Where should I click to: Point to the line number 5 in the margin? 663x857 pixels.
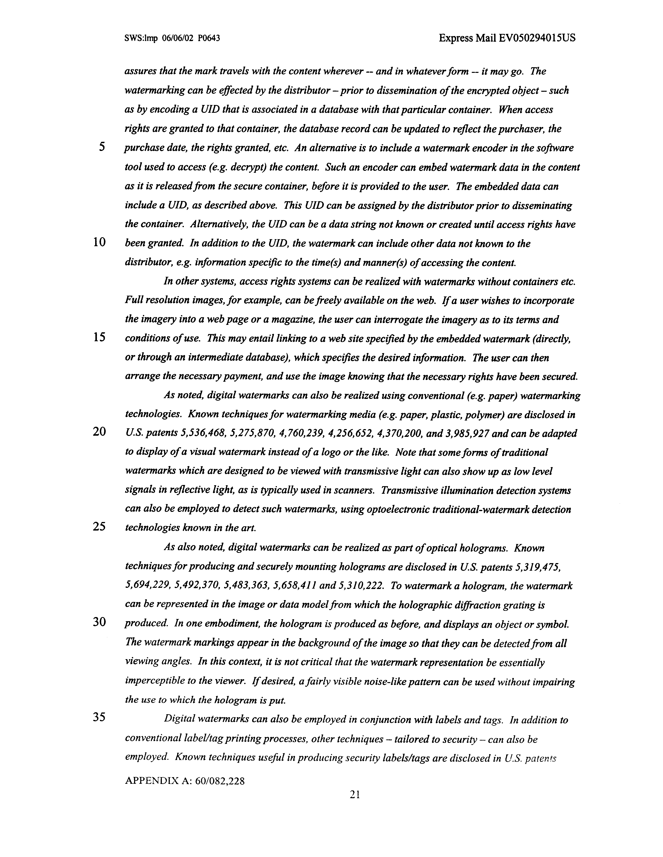coord(102,147)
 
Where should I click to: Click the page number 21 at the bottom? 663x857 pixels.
coord(355,795)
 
